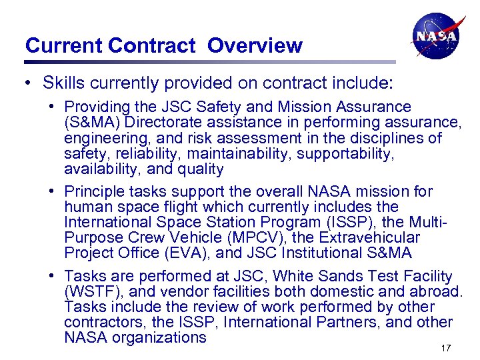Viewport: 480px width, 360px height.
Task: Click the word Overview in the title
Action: tap(255, 45)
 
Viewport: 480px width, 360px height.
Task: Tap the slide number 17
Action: tap(446, 348)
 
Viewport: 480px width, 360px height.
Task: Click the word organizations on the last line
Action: tap(159, 337)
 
